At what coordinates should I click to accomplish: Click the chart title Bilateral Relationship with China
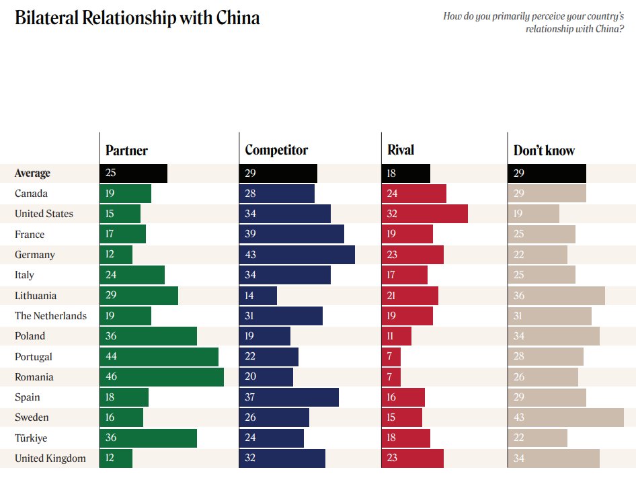(137, 18)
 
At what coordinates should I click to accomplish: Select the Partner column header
(126, 151)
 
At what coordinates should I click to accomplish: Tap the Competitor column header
(276, 151)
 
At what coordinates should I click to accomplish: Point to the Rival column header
(401, 151)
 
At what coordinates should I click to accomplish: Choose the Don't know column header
(544, 151)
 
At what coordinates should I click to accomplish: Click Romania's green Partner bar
(161, 377)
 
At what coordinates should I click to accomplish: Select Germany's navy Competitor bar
(296, 255)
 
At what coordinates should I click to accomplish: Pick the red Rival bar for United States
(424, 214)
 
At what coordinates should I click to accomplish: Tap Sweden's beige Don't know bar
(565, 417)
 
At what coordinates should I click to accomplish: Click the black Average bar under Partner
(133, 173)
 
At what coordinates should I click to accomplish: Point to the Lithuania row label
(36, 296)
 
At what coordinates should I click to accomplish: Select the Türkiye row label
(32, 438)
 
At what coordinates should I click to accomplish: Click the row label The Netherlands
(50, 316)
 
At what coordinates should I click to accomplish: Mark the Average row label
(32, 173)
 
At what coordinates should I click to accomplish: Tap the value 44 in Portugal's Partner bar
(111, 357)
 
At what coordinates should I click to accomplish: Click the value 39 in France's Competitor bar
(250, 235)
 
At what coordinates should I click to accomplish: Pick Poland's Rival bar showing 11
(396, 336)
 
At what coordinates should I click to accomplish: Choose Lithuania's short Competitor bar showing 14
(257, 296)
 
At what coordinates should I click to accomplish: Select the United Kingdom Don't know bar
(553, 458)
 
